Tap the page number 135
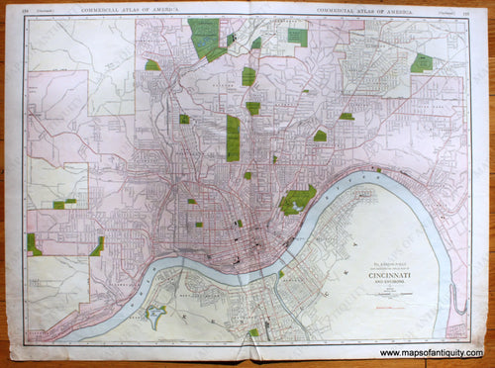(460, 11)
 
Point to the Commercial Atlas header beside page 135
(363, 10)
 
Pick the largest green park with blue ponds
(207, 38)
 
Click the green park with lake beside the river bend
(296, 201)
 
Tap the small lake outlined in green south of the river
(154, 318)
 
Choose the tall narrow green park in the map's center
(233, 138)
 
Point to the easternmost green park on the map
(423, 62)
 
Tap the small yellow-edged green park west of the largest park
(151, 65)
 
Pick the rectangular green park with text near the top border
(297, 37)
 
